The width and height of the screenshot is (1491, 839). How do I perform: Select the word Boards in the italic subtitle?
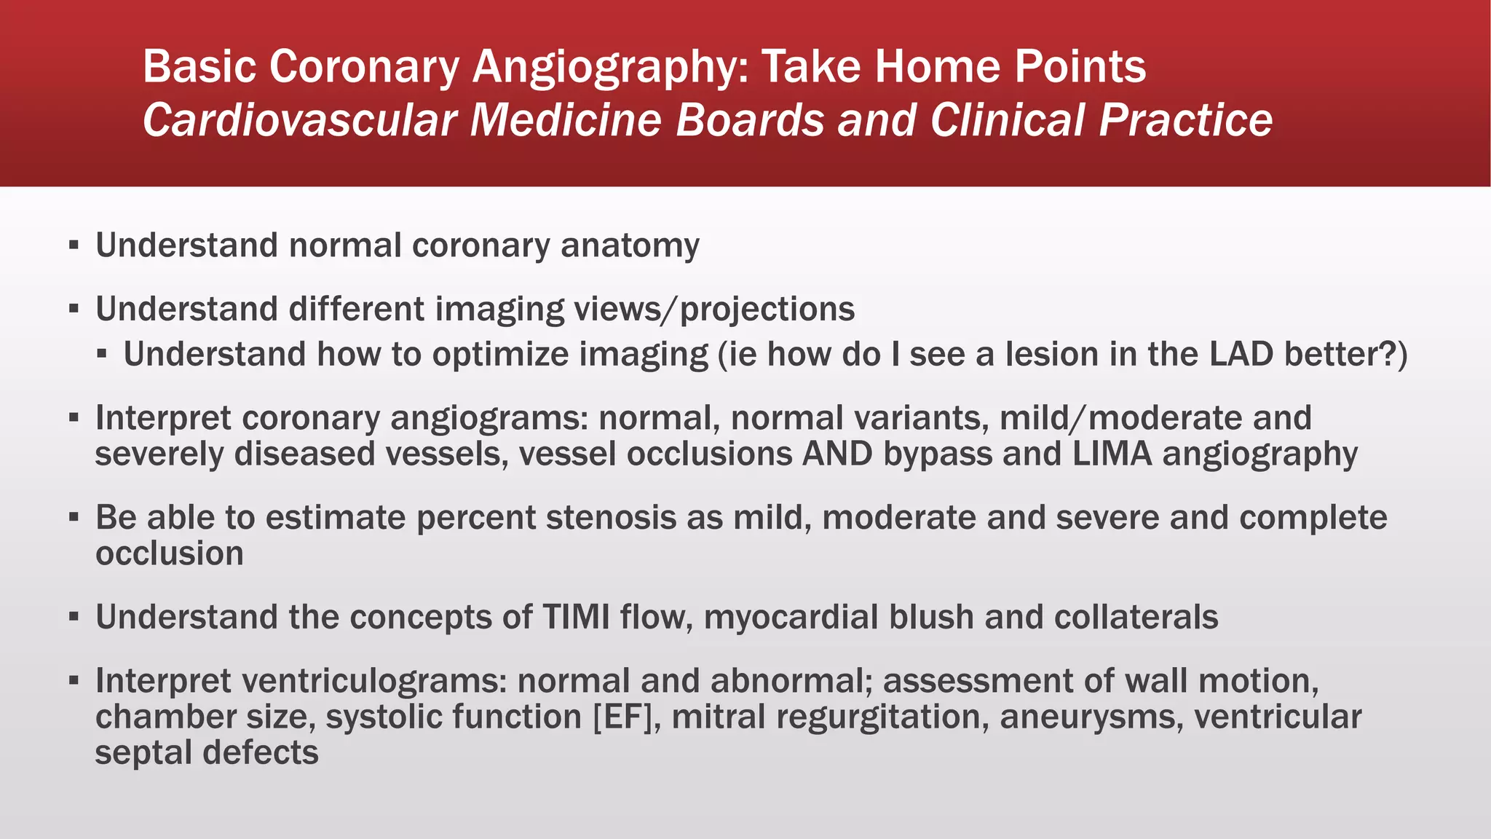click(750, 120)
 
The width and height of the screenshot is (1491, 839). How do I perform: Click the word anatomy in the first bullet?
click(630, 245)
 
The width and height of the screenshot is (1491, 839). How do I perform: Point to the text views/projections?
click(714, 310)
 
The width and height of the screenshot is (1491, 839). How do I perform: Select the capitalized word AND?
click(837, 454)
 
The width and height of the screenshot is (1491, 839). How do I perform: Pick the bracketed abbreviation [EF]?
click(627, 717)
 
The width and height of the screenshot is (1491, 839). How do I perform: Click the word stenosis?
click(634, 518)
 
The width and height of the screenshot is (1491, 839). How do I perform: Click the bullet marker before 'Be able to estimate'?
click(74, 518)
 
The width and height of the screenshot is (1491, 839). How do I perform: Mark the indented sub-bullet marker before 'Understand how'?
click(102, 355)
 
